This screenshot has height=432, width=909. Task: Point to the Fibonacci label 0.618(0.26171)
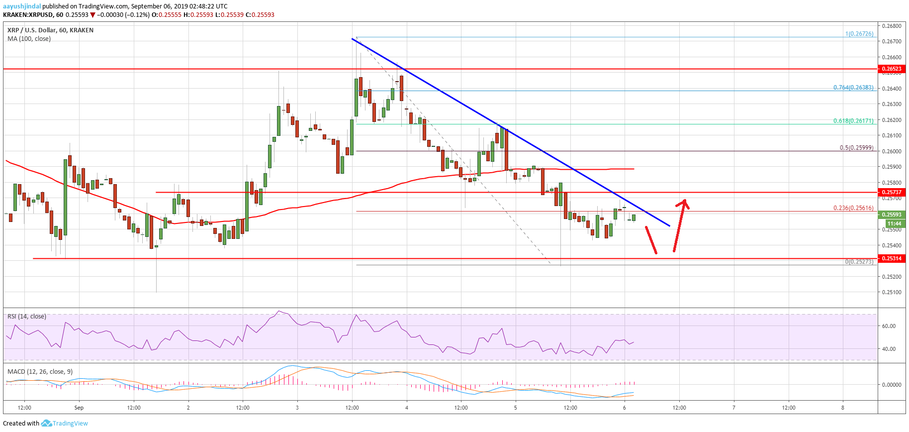[x=853, y=120]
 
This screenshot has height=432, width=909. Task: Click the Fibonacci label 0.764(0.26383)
[x=853, y=87]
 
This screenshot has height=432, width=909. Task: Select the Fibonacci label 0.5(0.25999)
[x=856, y=147]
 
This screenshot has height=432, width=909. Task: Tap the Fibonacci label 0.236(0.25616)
[x=853, y=208]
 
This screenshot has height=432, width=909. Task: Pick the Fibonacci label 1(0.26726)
[x=859, y=34]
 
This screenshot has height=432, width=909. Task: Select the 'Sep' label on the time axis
[x=79, y=408]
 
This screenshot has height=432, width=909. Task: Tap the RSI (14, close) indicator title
[x=27, y=317]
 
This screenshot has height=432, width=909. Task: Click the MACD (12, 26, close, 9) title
[x=40, y=371]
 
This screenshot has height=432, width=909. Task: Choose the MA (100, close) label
[x=29, y=38]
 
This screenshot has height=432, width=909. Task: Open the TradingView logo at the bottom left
[x=65, y=424]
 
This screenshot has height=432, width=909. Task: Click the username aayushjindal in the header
[x=22, y=6]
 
